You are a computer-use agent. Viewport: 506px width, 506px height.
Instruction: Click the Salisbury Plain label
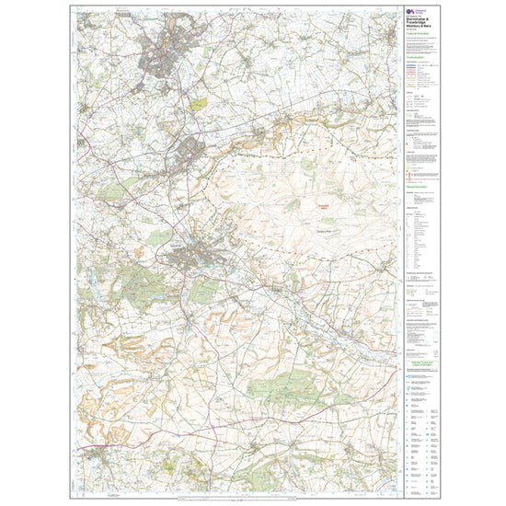327,230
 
